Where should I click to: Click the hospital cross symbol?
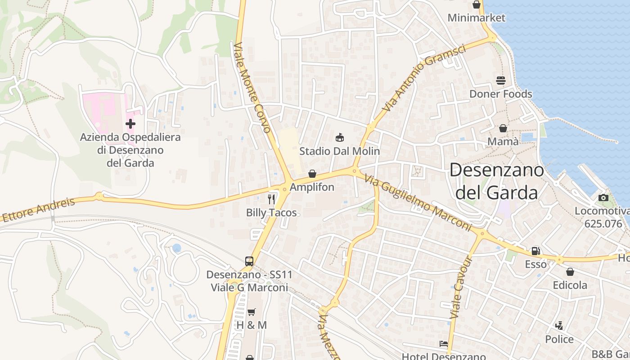130,123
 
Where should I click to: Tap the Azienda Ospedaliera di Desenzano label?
130,150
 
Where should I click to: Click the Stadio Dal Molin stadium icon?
340,137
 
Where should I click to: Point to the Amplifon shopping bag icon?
312,174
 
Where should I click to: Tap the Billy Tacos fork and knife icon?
271,199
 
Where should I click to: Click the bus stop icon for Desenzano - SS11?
249,261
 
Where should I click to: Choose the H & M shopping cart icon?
252,312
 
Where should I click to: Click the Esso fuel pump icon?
535,251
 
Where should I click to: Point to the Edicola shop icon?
570,272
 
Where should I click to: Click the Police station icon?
559,325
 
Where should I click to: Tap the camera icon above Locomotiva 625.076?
603,198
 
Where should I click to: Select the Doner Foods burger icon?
501,81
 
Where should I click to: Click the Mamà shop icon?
503,128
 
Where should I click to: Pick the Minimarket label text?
477,18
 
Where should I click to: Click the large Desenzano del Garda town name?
496,181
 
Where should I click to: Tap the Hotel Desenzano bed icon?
444,344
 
